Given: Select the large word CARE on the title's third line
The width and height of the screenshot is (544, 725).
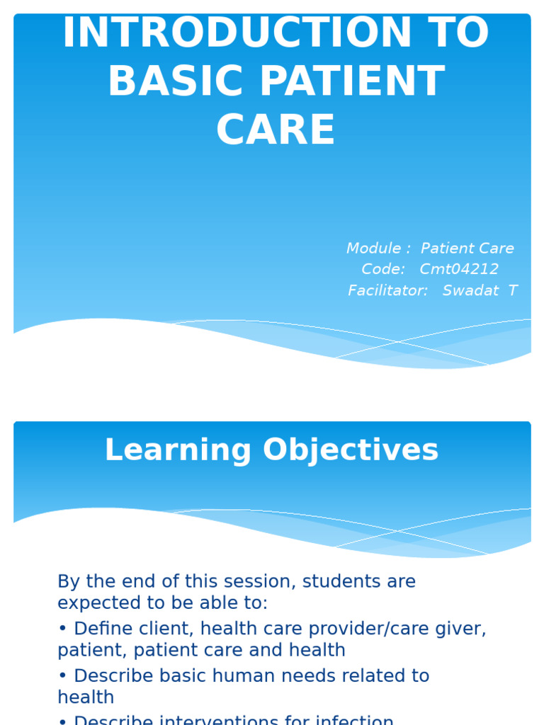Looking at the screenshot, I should point(276,131).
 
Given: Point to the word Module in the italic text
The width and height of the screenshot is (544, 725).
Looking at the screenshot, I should point(373,249).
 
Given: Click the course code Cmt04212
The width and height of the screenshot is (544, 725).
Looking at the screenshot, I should point(459,270).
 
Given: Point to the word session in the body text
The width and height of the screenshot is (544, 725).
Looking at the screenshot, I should point(256,582).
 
